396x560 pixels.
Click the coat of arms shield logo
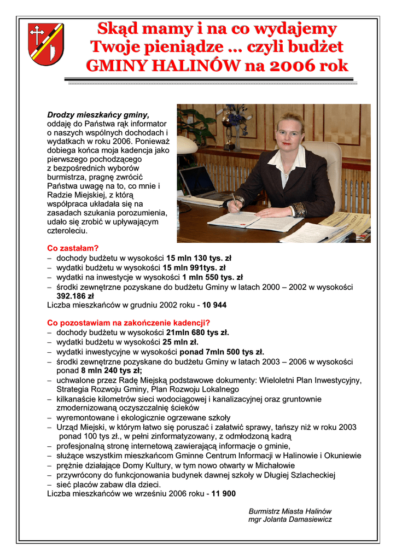(46, 44)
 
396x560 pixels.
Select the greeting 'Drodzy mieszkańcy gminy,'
(98, 115)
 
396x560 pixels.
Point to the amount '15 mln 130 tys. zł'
(199, 258)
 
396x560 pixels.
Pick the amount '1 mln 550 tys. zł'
(212, 277)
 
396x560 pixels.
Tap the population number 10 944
(214, 305)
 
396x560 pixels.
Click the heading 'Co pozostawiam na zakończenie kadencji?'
(129, 323)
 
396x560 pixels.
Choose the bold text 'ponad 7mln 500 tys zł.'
(222, 352)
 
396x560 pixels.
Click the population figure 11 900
(223, 494)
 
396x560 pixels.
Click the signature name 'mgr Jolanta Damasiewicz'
(290, 520)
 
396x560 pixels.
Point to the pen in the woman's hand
(234, 200)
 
